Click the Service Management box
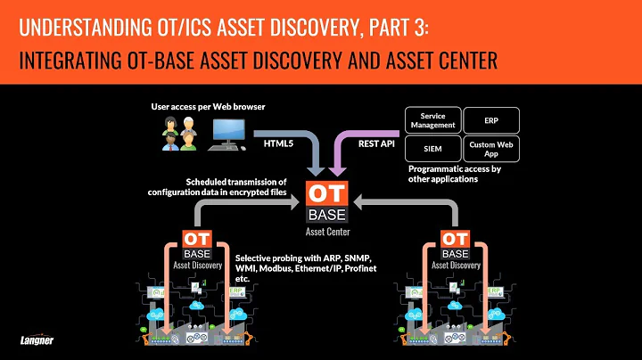tap(432, 119)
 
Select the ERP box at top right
tap(491, 119)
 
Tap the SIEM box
tap(432, 148)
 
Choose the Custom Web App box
tap(491, 148)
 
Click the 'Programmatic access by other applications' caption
tap(453, 173)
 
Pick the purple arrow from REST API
tap(343, 147)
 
